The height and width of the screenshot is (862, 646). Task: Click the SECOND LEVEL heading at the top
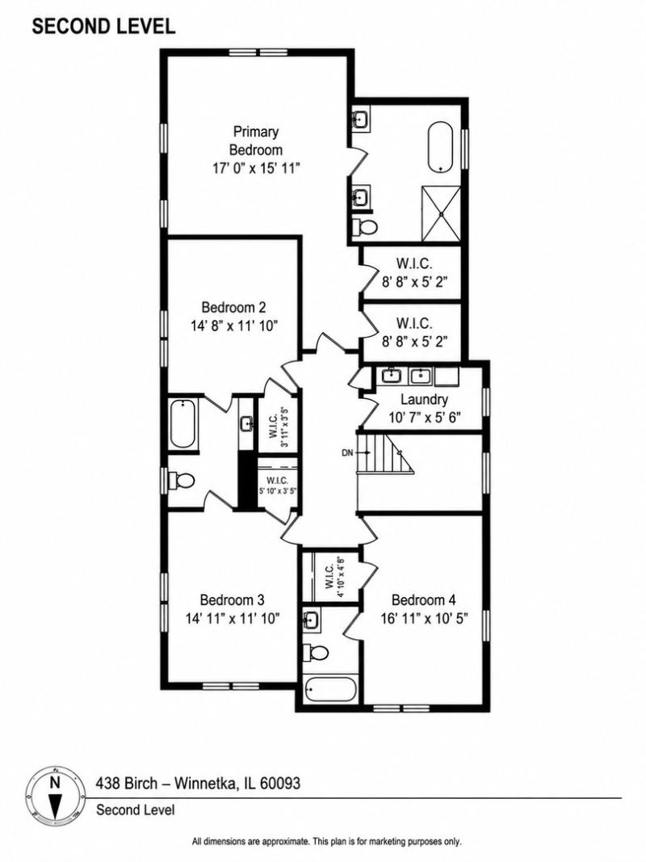coord(103,26)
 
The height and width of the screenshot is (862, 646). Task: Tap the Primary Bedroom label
coord(256,141)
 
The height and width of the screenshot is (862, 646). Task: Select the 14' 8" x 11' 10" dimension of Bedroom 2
coord(234,326)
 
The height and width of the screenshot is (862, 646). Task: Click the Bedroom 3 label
coord(233,599)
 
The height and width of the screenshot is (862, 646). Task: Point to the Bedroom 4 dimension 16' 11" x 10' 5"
coord(424,618)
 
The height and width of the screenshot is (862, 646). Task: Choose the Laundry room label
coord(424,399)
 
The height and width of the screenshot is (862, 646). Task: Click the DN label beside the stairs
coord(347,453)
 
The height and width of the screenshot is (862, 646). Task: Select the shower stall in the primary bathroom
coord(441,213)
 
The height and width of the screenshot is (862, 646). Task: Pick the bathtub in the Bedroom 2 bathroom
coord(183,424)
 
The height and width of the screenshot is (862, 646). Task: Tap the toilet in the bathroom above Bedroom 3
coord(182,481)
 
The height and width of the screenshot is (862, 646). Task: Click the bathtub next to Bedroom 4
coord(331,689)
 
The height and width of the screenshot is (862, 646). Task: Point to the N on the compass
coord(54,782)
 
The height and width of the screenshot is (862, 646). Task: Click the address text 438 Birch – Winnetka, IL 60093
coord(199,783)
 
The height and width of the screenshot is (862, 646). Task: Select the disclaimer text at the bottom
coord(326,842)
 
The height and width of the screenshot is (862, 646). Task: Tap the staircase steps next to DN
coord(385,452)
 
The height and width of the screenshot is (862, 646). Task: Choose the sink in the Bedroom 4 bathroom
coord(312,620)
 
